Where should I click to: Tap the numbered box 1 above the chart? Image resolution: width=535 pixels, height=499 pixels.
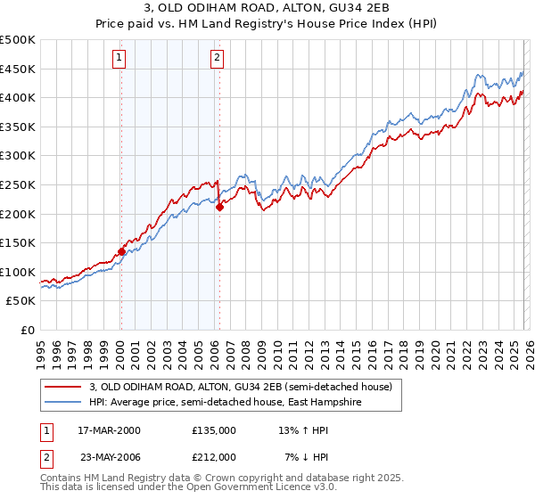pyautogui.click(x=120, y=59)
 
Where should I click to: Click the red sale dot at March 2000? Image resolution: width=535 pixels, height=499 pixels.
pyautogui.click(x=121, y=251)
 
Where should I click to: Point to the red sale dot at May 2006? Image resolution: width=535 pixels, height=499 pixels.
pyautogui.click(x=219, y=207)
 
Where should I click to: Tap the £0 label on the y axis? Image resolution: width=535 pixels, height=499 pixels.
pyautogui.click(x=29, y=330)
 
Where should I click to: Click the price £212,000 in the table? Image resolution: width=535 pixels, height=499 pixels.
pyautogui.click(x=214, y=457)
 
